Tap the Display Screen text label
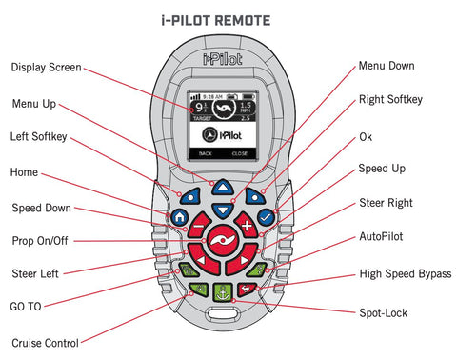[45, 68]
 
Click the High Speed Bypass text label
[406, 274]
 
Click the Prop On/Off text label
[46, 240]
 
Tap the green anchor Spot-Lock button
[222, 293]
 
